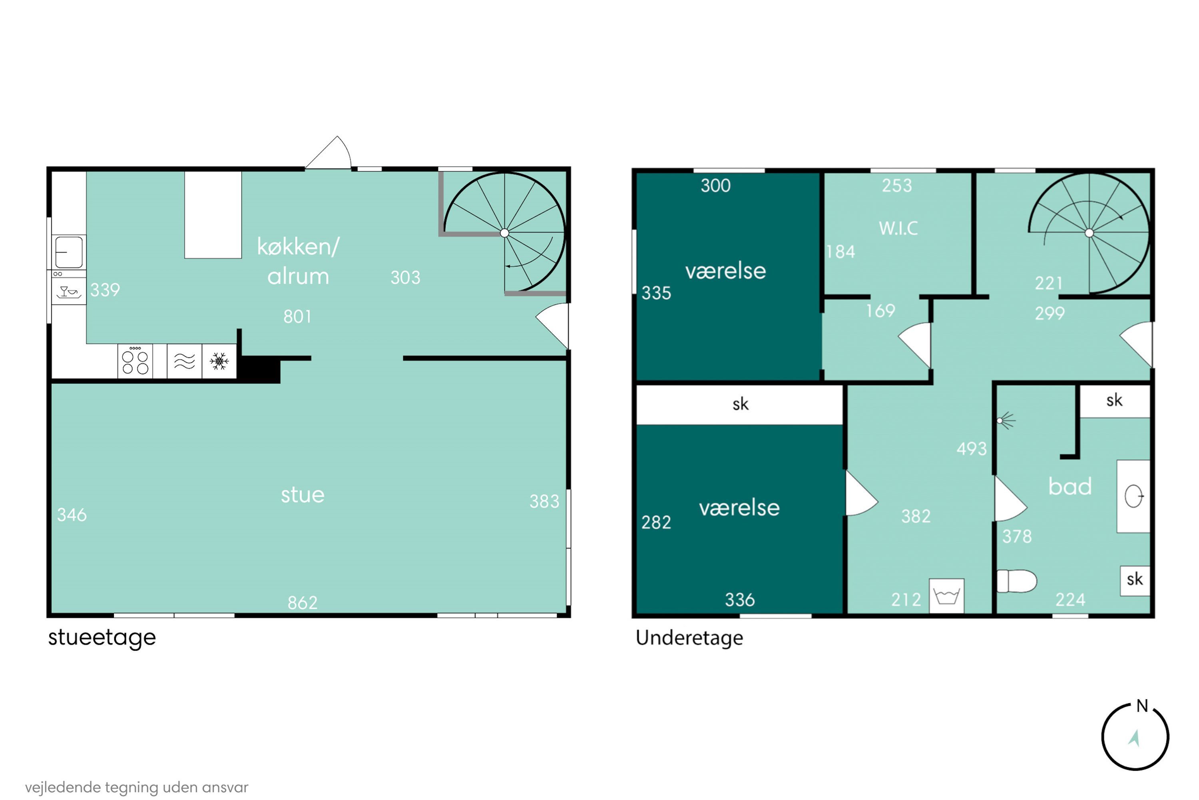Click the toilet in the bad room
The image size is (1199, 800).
tap(1016, 581)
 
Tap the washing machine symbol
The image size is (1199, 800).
tap(947, 596)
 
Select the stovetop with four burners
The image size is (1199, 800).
tap(135, 361)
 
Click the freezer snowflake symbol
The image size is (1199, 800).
tap(219, 361)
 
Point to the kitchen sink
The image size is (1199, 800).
tap(69, 252)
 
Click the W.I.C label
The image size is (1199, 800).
tap(898, 228)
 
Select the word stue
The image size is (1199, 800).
tap(303, 495)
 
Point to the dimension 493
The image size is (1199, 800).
tap(972, 449)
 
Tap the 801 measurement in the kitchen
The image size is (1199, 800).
tap(297, 317)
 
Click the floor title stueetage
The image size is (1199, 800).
tap(102, 638)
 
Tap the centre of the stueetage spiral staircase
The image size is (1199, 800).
tap(505, 233)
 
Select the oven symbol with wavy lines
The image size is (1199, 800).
tap(185, 361)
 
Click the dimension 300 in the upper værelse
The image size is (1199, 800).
tap(715, 186)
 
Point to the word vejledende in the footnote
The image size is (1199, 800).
tap(63, 787)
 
